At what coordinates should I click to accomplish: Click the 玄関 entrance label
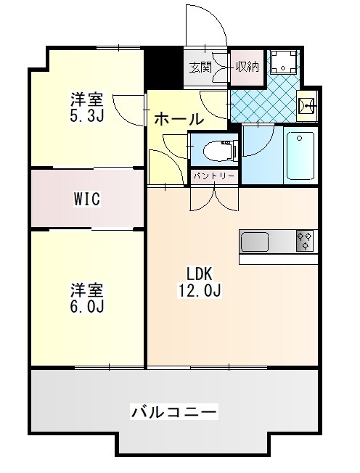coord(200,67)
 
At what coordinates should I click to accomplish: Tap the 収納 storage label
coord(247,67)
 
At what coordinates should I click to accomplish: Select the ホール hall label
coord(179,118)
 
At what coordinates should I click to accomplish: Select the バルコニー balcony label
coord(173,413)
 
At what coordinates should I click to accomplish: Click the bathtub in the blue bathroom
coord(300,156)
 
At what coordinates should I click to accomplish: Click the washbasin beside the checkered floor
coord(308,108)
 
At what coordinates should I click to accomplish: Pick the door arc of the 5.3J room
coord(131,107)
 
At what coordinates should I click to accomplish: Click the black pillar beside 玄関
coord(163,67)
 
